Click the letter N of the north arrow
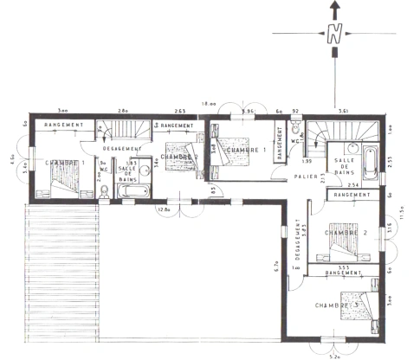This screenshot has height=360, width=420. point(333,35)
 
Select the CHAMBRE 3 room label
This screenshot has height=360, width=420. point(337,305)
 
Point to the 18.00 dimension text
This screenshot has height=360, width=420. point(209,104)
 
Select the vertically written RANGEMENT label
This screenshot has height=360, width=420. point(280,144)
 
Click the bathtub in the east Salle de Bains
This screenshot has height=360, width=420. point(369,162)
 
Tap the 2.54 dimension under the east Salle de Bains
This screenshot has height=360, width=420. point(352,185)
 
